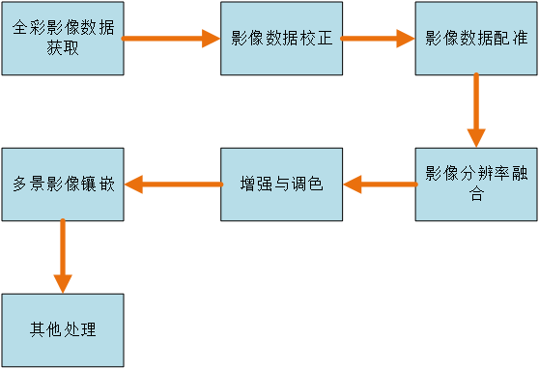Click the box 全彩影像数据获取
[x=63, y=39]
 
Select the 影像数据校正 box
[x=281, y=39]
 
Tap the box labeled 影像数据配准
[x=476, y=39]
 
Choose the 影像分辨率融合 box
[x=476, y=184]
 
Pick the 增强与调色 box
[x=281, y=184]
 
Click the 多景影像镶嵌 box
[x=63, y=184]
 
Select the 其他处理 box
[x=63, y=330]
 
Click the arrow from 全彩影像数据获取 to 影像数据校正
[x=172, y=40]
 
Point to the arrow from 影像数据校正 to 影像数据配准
[x=378, y=40]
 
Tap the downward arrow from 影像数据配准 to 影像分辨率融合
[x=475, y=111]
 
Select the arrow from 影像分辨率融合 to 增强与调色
[x=379, y=184]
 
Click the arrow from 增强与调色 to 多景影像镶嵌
[x=172, y=184]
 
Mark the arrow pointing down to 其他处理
[x=63, y=256]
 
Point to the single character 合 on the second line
[x=476, y=193]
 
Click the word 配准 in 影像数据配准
[x=508, y=40]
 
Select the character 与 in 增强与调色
[x=281, y=184]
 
